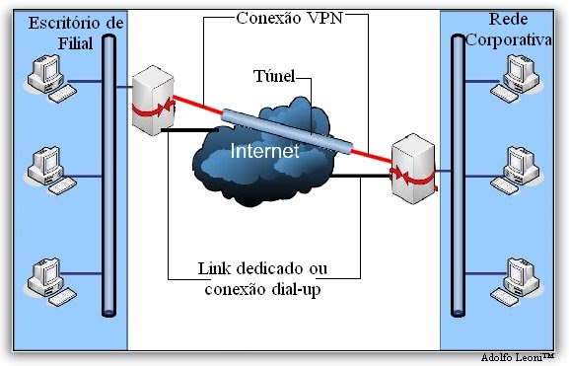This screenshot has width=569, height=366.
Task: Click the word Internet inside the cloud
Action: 263,152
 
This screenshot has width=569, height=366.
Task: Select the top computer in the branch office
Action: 49,79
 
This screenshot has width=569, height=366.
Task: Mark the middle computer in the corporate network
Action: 520,168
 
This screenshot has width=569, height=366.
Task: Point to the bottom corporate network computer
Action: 520,279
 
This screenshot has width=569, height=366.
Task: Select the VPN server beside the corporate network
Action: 411,174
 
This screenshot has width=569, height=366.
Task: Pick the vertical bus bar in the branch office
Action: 107,178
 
